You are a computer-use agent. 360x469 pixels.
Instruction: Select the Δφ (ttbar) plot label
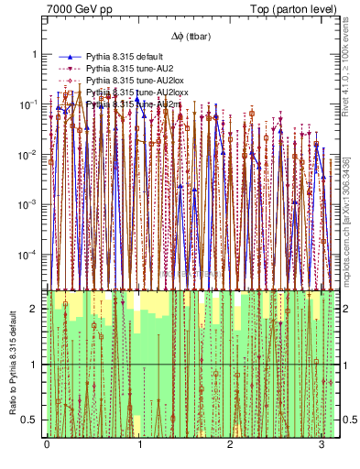coord(188,36)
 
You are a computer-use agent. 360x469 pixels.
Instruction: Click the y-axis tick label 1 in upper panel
coord(37,54)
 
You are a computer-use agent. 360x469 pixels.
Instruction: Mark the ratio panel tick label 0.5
coord(33,420)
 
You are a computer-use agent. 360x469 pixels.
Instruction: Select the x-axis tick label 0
coord(47,444)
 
